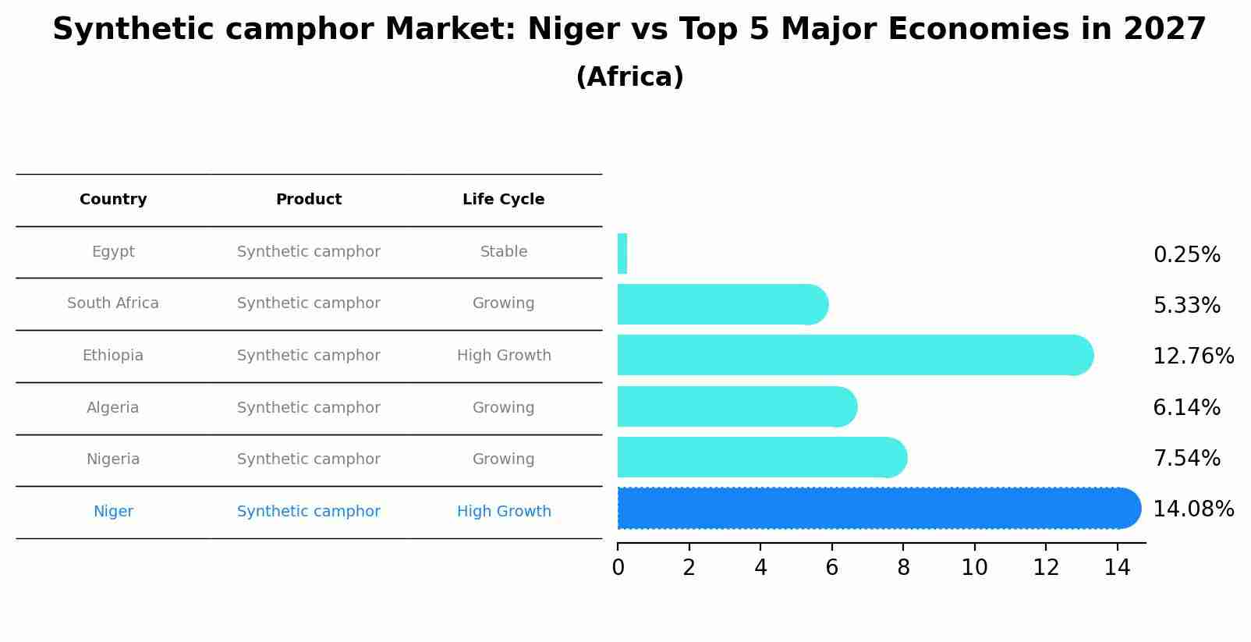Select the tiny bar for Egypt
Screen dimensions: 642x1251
(622, 254)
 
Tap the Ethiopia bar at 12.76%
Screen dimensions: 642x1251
(854, 355)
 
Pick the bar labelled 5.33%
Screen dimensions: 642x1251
(721, 304)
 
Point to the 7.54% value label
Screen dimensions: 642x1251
(1186, 459)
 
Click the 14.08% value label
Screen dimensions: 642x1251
(1193, 509)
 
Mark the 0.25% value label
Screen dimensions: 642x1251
(1186, 255)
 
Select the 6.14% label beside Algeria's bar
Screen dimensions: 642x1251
(1186, 408)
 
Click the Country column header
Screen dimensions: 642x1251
(113, 200)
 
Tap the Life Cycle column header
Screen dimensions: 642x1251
(503, 200)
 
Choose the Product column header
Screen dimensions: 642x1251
(309, 200)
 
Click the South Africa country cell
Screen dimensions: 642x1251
(113, 303)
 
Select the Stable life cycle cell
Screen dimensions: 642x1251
(504, 252)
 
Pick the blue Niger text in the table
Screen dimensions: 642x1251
(113, 512)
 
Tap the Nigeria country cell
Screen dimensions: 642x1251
(113, 459)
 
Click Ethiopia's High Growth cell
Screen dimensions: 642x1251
(504, 356)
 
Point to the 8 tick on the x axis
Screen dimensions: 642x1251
(903, 568)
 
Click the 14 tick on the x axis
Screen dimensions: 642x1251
(1117, 568)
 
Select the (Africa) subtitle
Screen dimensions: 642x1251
(629, 77)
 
